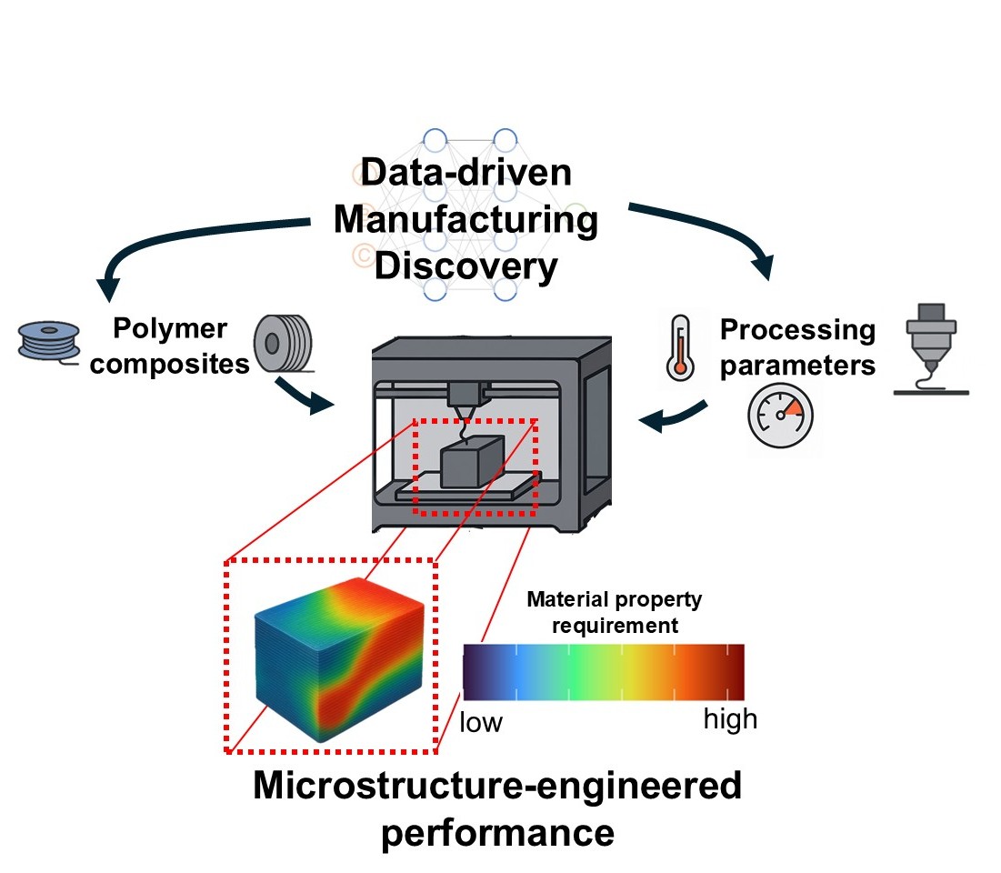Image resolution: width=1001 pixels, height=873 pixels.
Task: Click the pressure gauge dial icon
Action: [780, 413]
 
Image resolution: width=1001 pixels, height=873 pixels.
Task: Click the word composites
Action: [171, 364]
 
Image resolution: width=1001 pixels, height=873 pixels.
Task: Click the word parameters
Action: [796, 365]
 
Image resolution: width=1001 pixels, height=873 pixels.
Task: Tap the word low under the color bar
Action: [481, 722]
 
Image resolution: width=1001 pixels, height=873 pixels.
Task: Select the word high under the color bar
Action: [730, 719]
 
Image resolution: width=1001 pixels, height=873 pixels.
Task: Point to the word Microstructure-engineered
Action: [497, 787]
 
